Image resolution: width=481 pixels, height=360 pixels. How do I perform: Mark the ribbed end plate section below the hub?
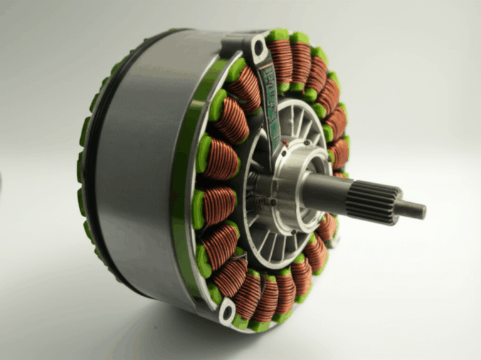276,244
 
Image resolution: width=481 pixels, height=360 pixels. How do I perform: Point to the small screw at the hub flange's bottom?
274,202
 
